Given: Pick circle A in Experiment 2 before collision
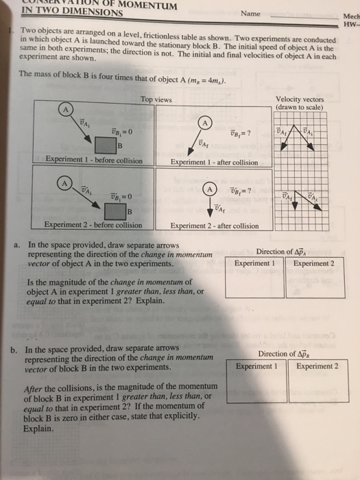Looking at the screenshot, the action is (64, 183).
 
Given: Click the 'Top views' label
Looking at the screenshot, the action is (156, 99).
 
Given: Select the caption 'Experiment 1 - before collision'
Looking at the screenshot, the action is (93, 161).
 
